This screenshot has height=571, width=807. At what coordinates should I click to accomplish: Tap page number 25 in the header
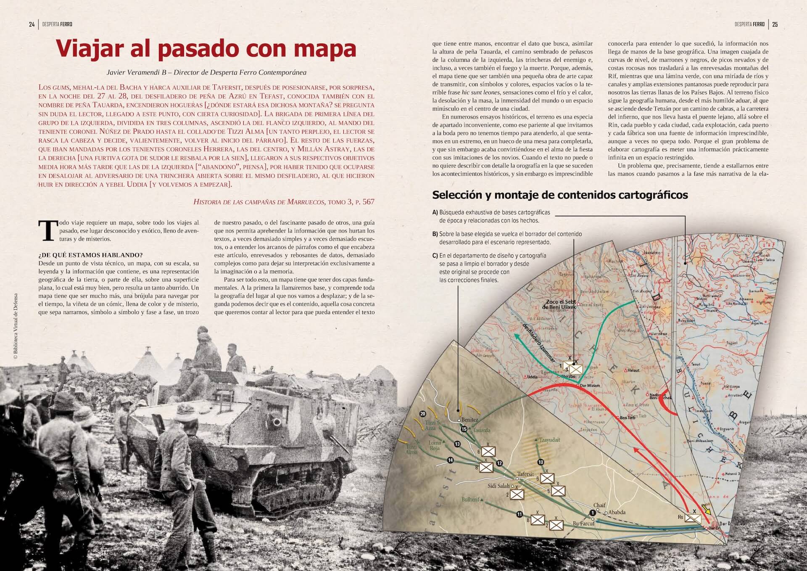click(x=775, y=24)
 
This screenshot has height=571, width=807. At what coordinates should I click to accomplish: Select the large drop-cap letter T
click(x=48, y=231)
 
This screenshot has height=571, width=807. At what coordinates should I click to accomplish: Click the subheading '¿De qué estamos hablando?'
click(x=90, y=255)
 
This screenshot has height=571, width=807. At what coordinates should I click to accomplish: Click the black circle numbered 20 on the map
click(x=423, y=414)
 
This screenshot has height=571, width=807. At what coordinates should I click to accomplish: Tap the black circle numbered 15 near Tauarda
click(x=464, y=429)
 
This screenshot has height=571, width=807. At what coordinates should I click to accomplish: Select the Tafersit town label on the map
click(x=525, y=474)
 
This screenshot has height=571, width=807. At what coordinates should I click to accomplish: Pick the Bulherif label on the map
click(x=470, y=500)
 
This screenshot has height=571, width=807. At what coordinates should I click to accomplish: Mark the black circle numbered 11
click(x=520, y=514)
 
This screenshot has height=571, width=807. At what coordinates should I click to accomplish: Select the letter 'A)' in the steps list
click(x=435, y=212)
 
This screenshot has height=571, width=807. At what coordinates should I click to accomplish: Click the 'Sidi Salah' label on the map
click(x=498, y=486)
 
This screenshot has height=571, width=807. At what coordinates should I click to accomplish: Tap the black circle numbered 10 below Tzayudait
click(x=541, y=462)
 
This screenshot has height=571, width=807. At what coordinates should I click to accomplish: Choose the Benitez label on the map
click(x=470, y=420)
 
